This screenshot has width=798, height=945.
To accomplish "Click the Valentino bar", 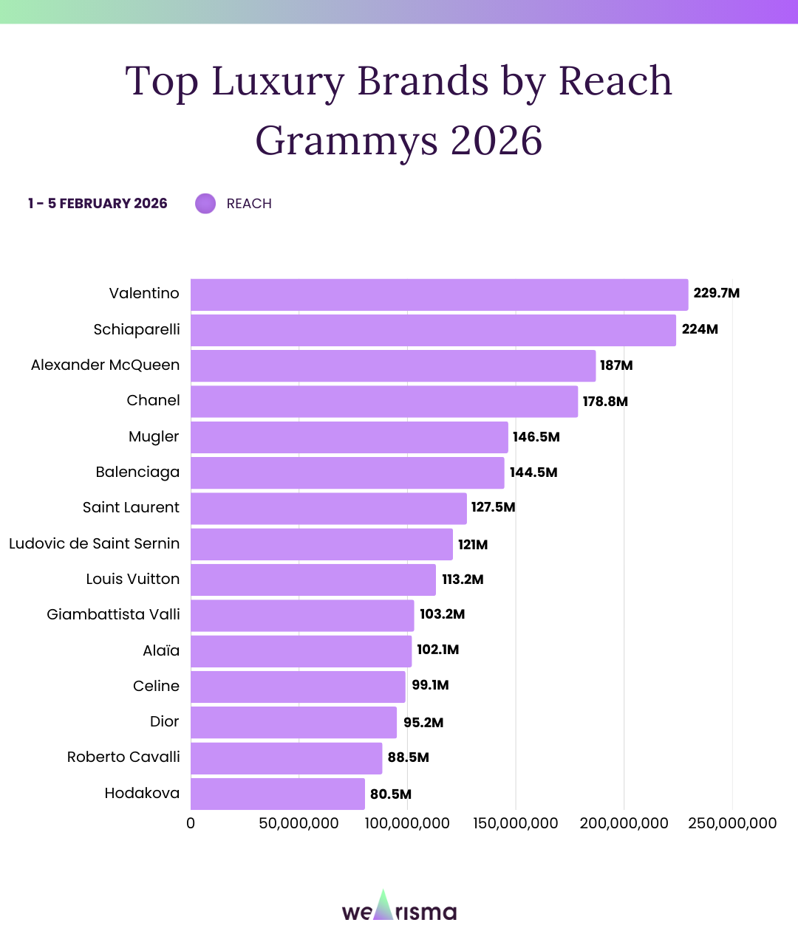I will coord(439,295).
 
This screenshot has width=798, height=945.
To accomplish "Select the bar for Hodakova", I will coord(278,794).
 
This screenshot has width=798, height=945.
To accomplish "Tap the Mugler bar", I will coord(349,437).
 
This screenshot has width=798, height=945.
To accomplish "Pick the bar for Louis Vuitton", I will coord(313,580).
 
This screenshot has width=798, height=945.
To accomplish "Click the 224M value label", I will coord(700,329).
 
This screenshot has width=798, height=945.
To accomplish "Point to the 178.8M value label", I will coord(605,402).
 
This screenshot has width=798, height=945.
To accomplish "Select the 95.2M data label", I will coord(423,723).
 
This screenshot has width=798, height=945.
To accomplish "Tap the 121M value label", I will coord(473,545).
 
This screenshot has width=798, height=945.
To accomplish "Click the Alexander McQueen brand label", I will coord(105,365).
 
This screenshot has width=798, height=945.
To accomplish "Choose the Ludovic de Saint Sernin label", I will coord(94,544).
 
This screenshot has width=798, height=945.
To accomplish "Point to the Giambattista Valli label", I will coord(113,615).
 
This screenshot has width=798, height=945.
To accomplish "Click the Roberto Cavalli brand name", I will coord(123,757).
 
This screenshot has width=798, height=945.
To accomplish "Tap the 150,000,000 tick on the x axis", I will coord(516,823).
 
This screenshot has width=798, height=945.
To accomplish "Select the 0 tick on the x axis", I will coord(191,823).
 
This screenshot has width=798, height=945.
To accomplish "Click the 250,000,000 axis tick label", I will coord(732,823).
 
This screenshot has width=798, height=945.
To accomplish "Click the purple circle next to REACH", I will coord(205,204).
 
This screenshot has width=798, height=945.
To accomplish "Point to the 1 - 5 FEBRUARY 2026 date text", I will coord(98,204).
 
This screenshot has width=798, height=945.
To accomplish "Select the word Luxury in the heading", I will coord(278,81).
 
